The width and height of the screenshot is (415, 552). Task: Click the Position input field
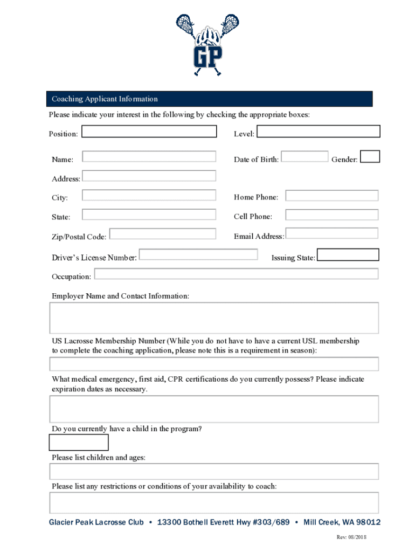(149, 132)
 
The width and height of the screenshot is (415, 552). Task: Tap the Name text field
(149, 157)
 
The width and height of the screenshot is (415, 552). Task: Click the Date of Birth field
(305, 157)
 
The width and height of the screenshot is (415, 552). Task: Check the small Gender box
(370, 157)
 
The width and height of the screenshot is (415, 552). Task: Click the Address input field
(149, 176)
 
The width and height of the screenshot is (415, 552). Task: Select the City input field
(149, 195)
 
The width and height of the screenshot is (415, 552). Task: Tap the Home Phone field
(332, 195)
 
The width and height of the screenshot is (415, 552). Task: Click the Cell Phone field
(332, 215)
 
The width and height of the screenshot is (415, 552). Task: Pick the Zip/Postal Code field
(163, 234)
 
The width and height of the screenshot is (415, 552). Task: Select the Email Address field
(332, 233)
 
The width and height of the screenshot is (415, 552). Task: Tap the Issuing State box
(348, 254)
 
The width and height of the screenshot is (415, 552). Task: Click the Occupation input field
(236, 274)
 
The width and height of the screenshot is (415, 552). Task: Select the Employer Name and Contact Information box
(214, 318)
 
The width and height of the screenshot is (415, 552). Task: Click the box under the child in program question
(79, 443)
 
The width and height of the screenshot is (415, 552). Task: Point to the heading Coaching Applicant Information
(105, 99)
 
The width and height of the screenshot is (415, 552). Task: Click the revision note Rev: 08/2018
(351, 537)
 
